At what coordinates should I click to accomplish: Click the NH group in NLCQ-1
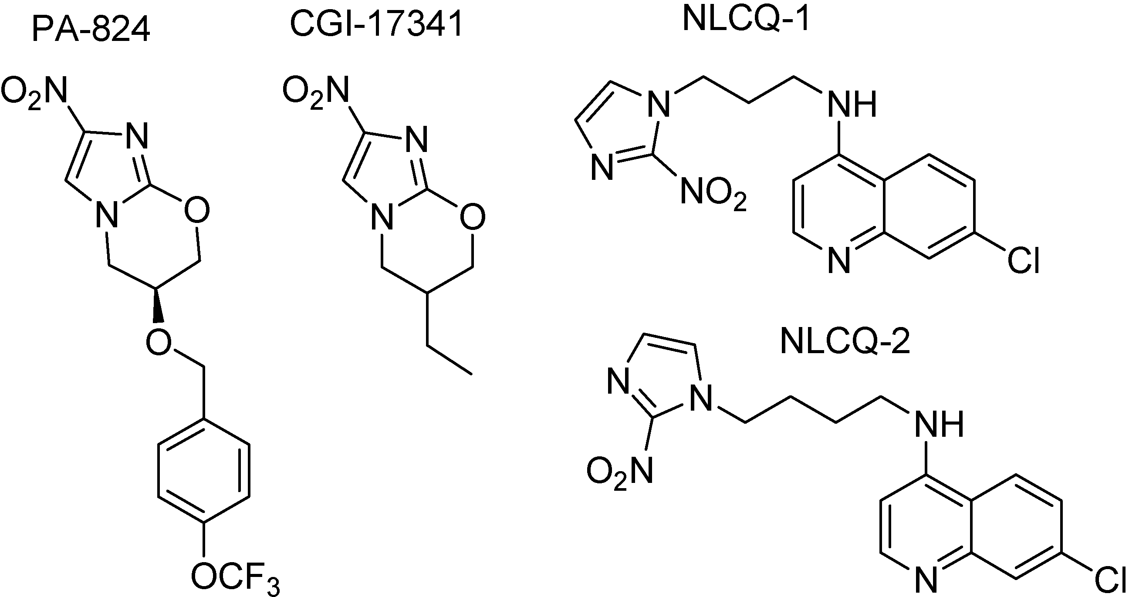click(851, 104)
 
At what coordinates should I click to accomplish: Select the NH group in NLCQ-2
click(939, 424)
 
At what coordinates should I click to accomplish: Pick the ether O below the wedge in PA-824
click(159, 341)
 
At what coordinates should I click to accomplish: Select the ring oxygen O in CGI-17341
click(473, 216)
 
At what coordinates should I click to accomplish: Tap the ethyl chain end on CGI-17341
click(472, 374)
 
